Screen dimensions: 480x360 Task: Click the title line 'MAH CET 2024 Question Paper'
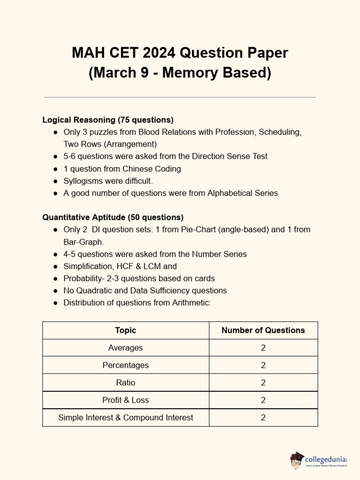[x=180, y=53]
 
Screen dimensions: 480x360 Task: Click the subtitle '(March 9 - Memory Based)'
[x=180, y=74]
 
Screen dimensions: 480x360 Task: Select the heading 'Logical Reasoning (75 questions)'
[x=108, y=120]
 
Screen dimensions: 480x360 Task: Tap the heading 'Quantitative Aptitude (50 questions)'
[x=113, y=217]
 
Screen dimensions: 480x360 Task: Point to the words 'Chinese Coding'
[x=151, y=169]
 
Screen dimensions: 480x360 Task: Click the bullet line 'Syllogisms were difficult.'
[x=108, y=181]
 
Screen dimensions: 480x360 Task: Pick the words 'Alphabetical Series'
[x=243, y=193]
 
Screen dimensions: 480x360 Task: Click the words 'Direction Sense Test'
[x=229, y=156]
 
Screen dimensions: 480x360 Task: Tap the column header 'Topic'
[x=126, y=330]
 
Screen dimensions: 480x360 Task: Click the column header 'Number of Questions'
[x=263, y=330]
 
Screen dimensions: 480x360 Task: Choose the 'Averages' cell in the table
[x=126, y=348]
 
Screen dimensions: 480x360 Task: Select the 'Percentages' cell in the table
[x=126, y=365]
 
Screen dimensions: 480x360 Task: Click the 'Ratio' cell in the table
[x=126, y=382]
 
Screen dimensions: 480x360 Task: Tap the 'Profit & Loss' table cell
[x=126, y=400]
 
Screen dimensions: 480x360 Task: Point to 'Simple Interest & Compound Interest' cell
[x=126, y=417]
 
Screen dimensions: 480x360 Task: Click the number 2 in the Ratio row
[x=263, y=382]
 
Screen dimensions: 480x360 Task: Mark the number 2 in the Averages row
[x=263, y=348]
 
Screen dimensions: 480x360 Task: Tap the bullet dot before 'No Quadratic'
[x=55, y=291]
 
